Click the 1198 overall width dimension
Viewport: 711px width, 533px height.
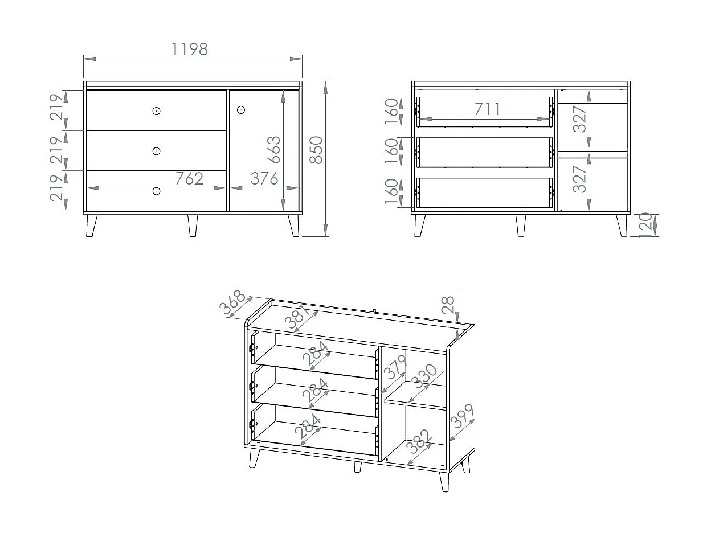tap(190, 50)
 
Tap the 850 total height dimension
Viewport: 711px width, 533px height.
tap(316, 150)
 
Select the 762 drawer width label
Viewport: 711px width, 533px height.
tap(189, 178)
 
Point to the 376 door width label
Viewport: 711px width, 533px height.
tap(264, 178)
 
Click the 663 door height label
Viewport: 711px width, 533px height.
tap(273, 150)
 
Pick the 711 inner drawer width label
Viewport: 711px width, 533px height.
tap(488, 109)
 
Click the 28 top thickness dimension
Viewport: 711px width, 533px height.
tap(448, 305)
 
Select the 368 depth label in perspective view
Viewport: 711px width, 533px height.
tap(232, 302)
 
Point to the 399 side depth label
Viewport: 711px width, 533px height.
tap(462, 416)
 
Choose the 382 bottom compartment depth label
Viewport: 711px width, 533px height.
tap(419, 441)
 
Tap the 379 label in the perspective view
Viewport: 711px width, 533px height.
tap(395, 367)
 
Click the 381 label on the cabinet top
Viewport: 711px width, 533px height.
tap(297, 318)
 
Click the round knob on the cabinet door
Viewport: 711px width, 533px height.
tap(240, 110)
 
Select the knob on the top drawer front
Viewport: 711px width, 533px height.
tap(156, 111)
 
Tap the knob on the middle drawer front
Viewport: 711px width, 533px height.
tap(156, 151)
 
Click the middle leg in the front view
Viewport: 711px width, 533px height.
tap(193, 225)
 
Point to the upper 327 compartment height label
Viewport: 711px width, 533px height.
tap(579, 119)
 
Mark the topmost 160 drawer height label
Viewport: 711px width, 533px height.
tap(391, 112)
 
